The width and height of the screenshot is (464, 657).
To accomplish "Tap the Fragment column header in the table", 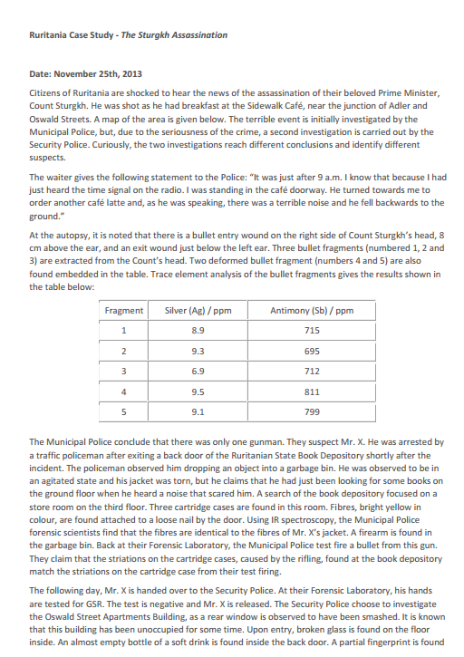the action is click(x=124, y=311).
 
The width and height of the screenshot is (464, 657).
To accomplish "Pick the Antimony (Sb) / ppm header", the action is click(x=312, y=311).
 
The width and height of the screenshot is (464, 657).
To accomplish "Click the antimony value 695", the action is click(x=312, y=350).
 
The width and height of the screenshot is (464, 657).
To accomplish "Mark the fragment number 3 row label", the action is click(x=124, y=370).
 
